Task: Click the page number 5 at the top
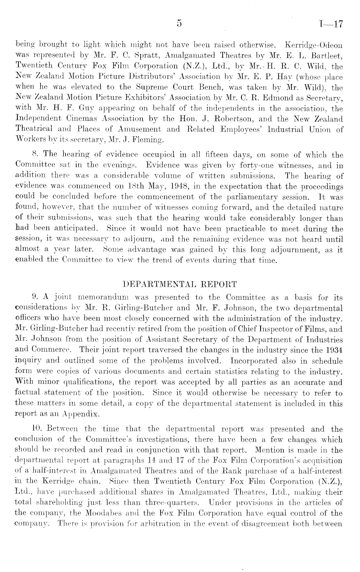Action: pyautogui.click(x=180, y=23)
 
